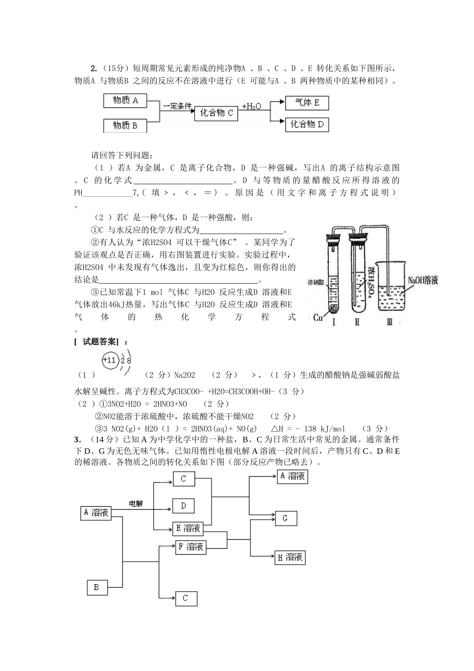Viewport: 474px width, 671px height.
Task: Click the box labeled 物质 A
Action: (x=125, y=100)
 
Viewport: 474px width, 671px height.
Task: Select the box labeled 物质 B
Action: (x=125, y=125)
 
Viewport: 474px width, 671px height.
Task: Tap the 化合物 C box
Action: (x=216, y=113)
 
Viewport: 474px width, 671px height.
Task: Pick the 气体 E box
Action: (x=307, y=103)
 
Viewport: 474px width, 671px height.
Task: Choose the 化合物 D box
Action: (x=307, y=124)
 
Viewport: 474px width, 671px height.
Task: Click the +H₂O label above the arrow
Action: (x=251, y=106)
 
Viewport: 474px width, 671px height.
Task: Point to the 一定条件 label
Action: (x=177, y=106)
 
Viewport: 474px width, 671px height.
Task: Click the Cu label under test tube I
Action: (x=318, y=317)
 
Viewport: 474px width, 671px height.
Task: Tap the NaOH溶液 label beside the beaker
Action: (x=423, y=281)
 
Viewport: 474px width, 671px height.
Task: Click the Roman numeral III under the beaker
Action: (x=389, y=322)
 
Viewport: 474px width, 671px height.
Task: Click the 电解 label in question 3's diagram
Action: (x=136, y=504)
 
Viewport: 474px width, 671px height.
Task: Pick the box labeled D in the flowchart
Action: (x=184, y=506)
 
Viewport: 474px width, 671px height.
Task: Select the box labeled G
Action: (x=285, y=518)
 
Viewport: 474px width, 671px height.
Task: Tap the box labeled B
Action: (x=96, y=588)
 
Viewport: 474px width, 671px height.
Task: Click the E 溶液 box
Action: (x=188, y=528)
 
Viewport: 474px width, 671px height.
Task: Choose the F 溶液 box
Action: (x=191, y=547)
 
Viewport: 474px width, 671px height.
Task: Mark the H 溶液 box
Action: (x=290, y=557)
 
